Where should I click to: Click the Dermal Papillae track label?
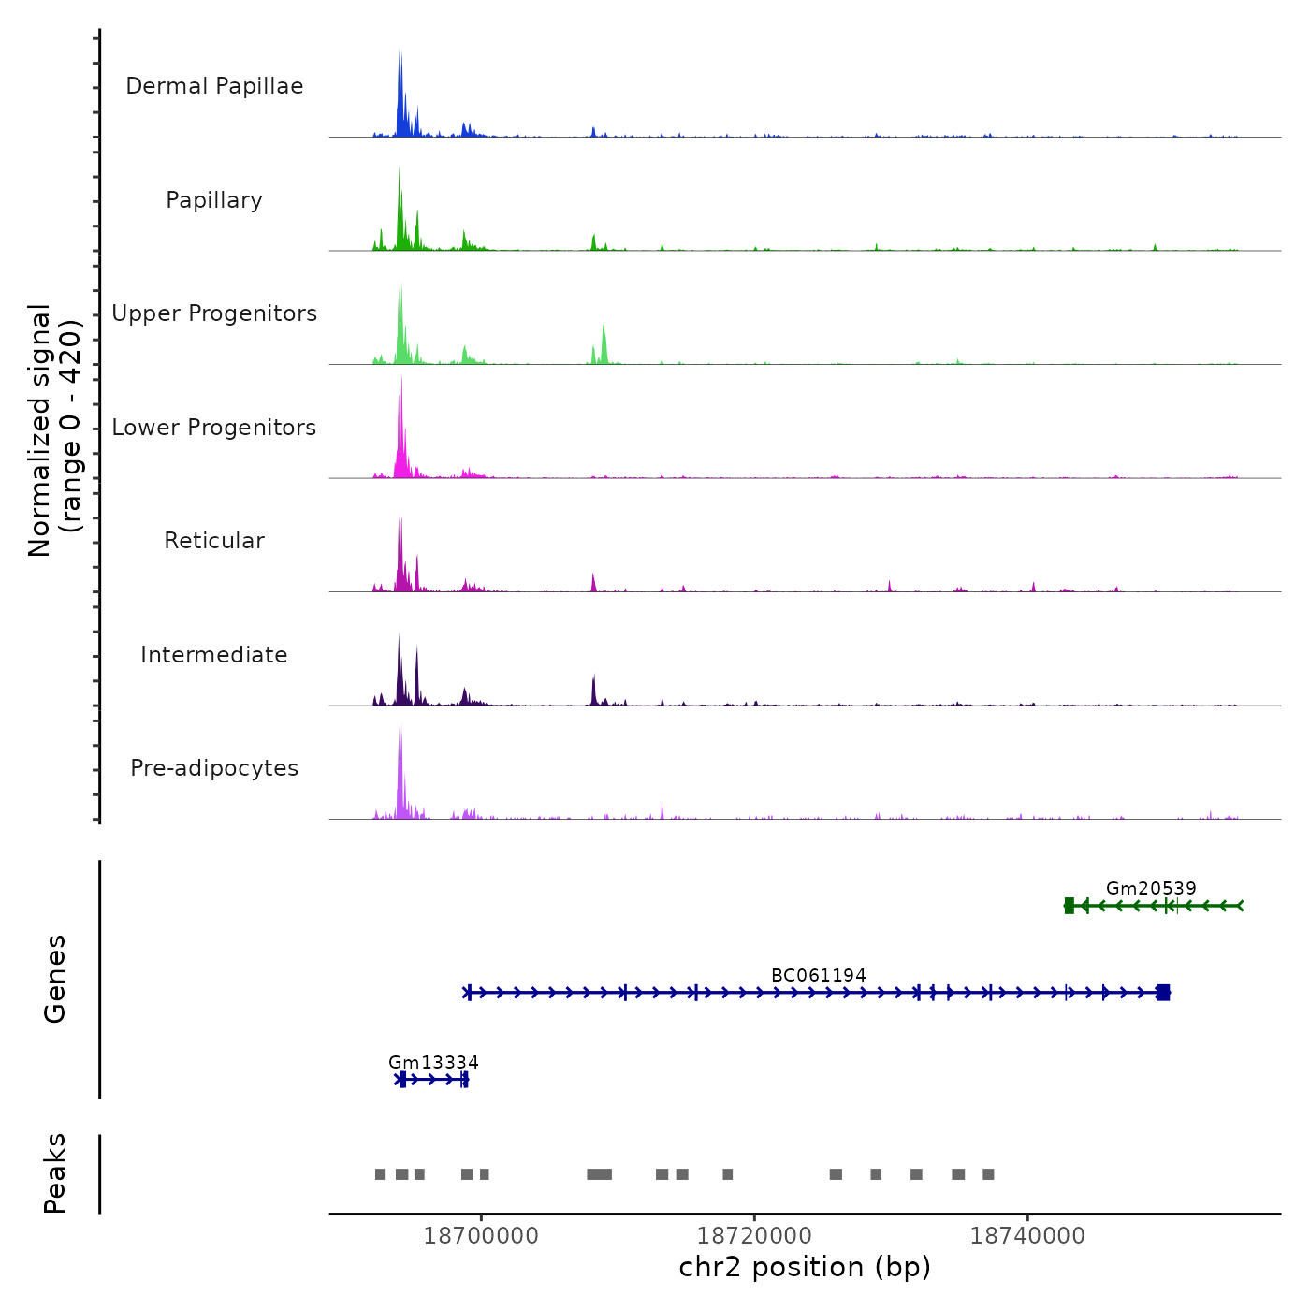(214, 86)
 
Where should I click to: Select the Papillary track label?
(214, 200)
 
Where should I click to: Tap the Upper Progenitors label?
(214, 313)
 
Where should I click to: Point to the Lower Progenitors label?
(214, 428)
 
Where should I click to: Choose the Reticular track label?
(214, 541)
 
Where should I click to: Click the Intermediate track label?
(214, 655)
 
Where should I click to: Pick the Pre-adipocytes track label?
(214, 768)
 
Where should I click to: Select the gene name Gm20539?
(1151, 888)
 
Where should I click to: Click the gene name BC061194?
(819, 975)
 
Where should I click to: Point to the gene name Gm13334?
(433, 1062)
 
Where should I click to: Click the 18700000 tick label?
(481, 1236)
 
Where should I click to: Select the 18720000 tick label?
(755, 1236)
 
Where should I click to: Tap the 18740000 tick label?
(1027, 1236)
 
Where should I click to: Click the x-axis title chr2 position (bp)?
(805, 1267)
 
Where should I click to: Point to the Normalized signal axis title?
(54, 429)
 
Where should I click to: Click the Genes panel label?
(55, 979)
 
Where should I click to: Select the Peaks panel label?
(55, 1173)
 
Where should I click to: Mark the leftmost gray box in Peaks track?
(380, 1174)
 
